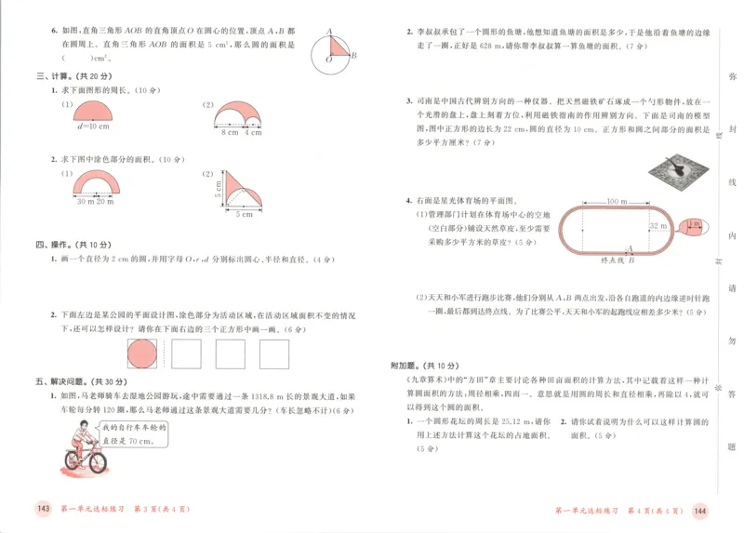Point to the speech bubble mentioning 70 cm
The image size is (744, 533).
138,432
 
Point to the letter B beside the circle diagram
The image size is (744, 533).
353,56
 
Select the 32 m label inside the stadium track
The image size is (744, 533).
657,226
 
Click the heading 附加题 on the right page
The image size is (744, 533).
406,366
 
